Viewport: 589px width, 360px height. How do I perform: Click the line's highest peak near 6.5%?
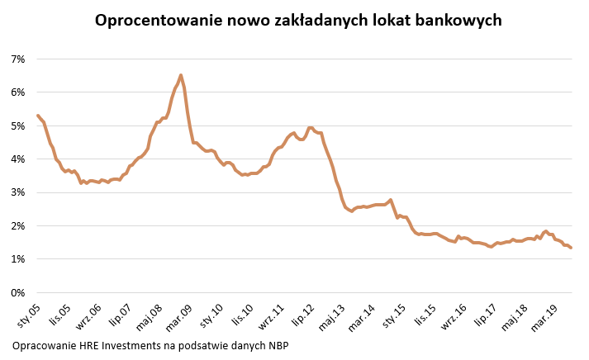coord(181,75)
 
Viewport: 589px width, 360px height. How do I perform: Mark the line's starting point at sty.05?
coord(38,116)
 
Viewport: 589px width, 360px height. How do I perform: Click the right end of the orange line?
coord(571,248)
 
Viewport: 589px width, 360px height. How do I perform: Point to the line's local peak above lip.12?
coord(310,128)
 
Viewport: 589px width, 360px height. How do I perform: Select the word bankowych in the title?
coord(456,20)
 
